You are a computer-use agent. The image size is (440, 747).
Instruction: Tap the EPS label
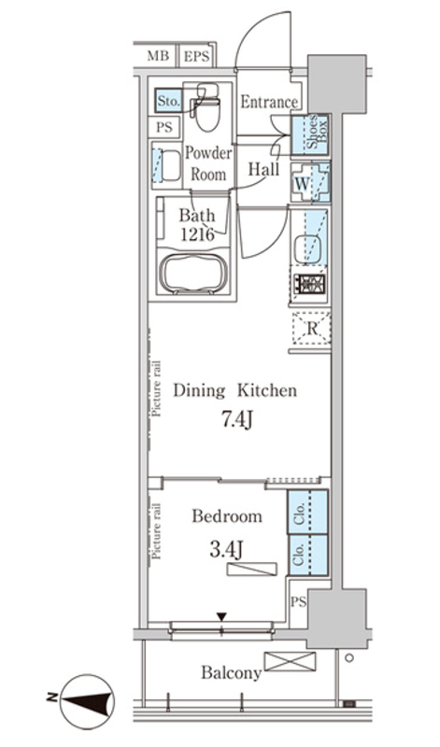[x=196, y=57]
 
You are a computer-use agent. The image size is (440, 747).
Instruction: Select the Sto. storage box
[x=169, y=101]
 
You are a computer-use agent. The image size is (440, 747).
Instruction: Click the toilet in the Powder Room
[x=206, y=106]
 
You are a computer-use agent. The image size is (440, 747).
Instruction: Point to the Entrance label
[x=269, y=102]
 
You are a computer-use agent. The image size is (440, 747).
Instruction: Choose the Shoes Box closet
[x=310, y=134]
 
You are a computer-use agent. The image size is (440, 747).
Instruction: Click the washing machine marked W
[x=310, y=182]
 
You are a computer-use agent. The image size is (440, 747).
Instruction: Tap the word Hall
[x=263, y=169]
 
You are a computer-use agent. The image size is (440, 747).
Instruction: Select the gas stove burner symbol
[x=309, y=285]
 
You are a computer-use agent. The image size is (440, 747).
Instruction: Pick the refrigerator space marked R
[x=311, y=328]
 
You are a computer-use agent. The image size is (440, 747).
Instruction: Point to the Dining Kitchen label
[x=234, y=390]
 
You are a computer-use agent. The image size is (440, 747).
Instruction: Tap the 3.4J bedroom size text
[x=226, y=550]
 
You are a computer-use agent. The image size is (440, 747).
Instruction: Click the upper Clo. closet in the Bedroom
[x=307, y=512]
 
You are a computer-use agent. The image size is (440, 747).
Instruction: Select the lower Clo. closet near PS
[x=307, y=555]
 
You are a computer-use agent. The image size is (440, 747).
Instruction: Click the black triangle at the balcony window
[x=221, y=617]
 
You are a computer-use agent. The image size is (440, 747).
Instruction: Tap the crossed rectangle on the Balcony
[x=290, y=662]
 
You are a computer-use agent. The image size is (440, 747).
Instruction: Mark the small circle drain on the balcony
[x=349, y=658]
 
